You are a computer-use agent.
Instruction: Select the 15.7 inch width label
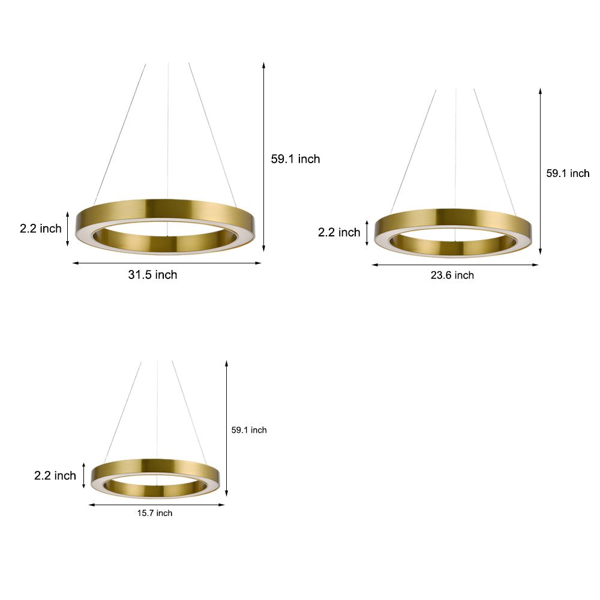tap(155, 513)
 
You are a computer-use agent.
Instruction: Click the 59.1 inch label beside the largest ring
tap(296, 159)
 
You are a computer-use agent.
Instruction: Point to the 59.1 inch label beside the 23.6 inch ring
tap(568, 173)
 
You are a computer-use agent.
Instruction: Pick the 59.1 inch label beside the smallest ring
tap(249, 430)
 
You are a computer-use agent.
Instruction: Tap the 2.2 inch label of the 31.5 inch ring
tap(41, 228)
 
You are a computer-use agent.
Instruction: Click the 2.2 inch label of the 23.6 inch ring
tap(339, 232)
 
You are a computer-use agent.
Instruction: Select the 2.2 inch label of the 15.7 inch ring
tap(55, 476)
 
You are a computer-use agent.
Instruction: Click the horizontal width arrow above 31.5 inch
tap(167, 263)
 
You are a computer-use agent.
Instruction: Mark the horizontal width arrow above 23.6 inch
tap(455, 265)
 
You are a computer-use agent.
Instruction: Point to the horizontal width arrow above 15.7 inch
tap(157, 505)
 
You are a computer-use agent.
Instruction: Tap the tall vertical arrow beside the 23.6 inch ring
tap(541, 172)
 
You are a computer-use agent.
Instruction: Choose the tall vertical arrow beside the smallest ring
tap(226, 428)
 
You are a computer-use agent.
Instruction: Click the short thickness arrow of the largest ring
tap(68, 228)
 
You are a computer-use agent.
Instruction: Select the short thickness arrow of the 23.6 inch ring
tap(367, 233)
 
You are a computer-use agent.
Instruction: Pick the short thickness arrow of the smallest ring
tap(84, 475)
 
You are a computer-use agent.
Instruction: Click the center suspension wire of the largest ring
tap(168, 132)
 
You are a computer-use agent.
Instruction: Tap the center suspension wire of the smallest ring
tap(157, 408)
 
